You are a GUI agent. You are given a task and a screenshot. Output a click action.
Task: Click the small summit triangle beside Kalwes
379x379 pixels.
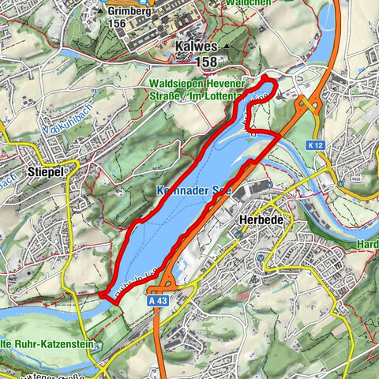click(227, 47)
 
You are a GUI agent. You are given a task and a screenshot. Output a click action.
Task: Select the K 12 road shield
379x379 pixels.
click(317, 145)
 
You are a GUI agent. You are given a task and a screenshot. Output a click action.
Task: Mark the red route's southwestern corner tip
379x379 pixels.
click(103, 296)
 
